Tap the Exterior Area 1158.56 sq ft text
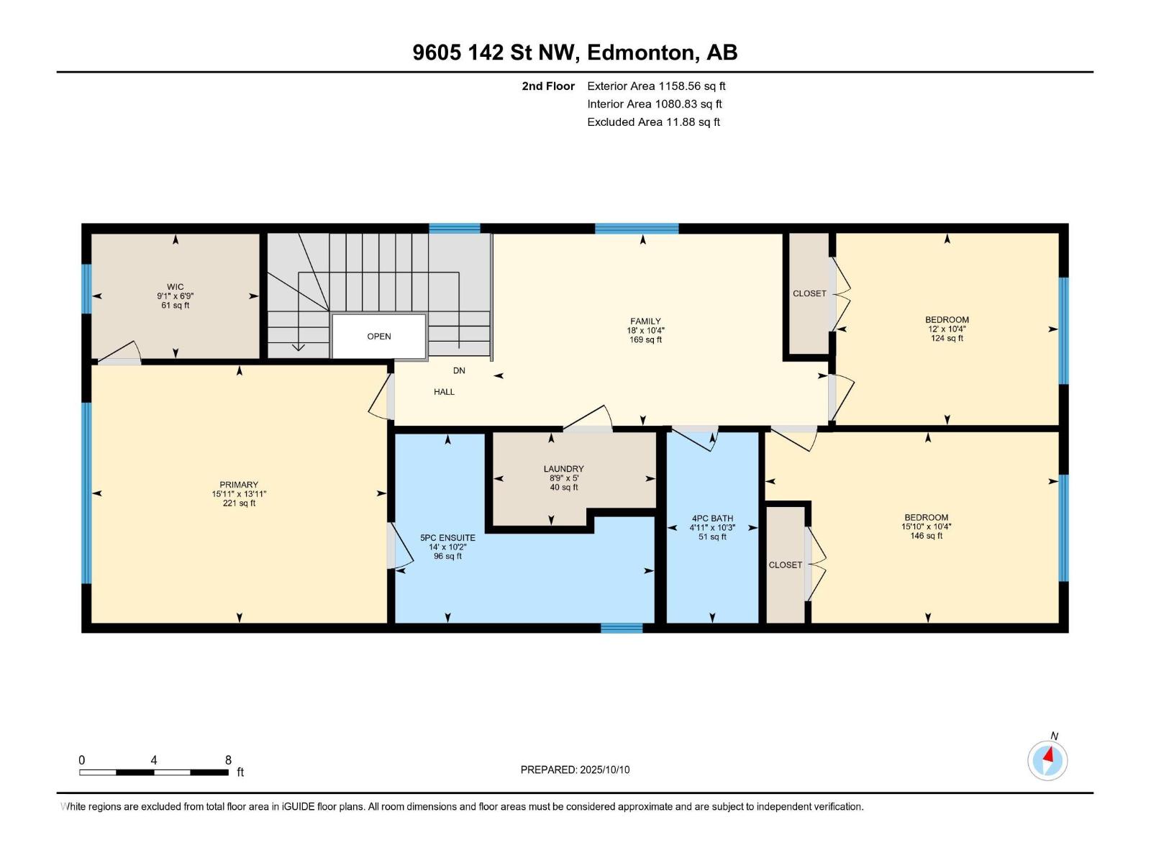click(x=656, y=86)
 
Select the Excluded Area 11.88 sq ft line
click(x=653, y=122)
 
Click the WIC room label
click(x=176, y=287)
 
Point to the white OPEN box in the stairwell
click(x=379, y=337)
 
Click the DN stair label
click(x=459, y=371)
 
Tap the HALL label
click(x=444, y=392)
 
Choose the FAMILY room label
click(x=645, y=321)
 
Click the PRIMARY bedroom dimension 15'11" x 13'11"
click(x=239, y=494)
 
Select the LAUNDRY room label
click(x=563, y=469)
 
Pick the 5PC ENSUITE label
click(x=447, y=538)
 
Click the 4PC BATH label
click(x=712, y=518)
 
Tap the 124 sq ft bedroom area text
click(x=947, y=339)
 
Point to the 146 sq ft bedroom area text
click(x=927, y=536)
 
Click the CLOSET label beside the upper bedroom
click(x=809, y=293)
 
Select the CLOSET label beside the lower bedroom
click(x=785, y=565)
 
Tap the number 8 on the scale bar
click(x=228, y=760)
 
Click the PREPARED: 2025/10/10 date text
click(x=575, y=770)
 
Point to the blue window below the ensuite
click(x=622, y=628)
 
